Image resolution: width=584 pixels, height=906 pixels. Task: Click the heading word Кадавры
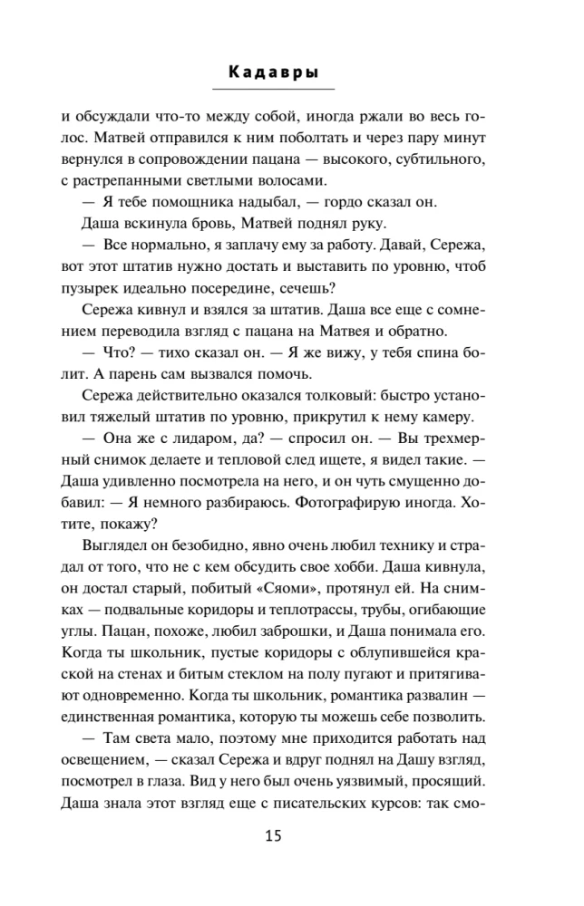click(273, 72)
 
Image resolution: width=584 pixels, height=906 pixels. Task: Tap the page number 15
click(274, 836)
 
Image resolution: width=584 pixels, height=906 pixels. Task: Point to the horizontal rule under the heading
click(273, 89)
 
